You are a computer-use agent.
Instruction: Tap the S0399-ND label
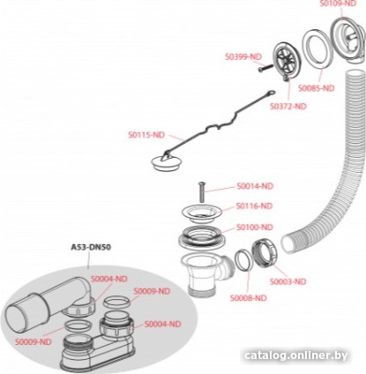coord(243,56)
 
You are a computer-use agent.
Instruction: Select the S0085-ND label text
coord(317,88)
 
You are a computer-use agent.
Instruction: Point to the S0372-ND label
coord(288,106)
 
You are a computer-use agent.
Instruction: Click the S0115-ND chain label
coord(146,135)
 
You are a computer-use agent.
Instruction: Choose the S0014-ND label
coord(255,186)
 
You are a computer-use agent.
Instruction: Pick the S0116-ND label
coord(254,206)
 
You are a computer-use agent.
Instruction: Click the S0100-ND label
coord(255,228)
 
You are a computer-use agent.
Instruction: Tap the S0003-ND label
coord(288,281)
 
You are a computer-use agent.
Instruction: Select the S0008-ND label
coord(249,298)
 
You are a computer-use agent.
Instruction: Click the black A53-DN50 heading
coord(91,247)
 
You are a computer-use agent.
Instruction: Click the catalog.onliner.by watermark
coord(296,355)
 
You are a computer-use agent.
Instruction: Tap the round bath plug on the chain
coord(164,162)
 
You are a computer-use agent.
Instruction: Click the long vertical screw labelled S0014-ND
coord(201,191)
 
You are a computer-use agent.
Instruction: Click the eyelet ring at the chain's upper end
coord(271,93)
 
